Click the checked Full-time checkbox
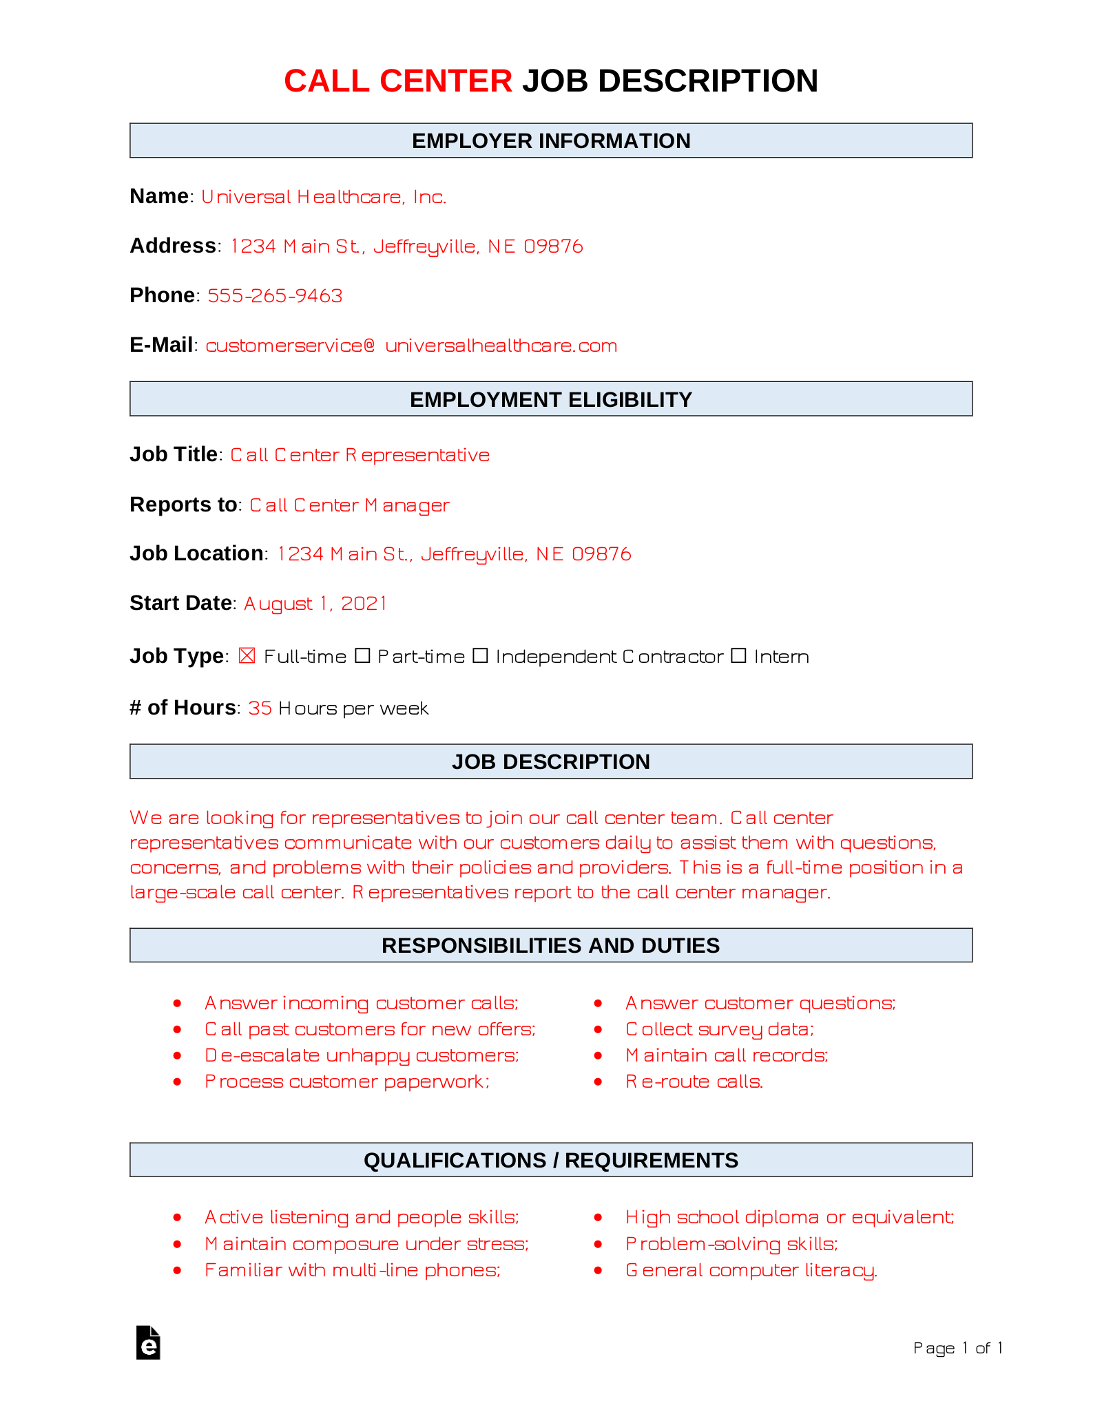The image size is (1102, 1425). pos(247,655)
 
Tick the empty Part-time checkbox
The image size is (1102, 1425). pos(362,655)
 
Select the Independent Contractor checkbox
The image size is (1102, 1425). pos(480,655)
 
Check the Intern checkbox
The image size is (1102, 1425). pos(738,655)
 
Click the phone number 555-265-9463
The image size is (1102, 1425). pos(275,295)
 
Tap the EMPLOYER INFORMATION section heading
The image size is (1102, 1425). pos(551,140)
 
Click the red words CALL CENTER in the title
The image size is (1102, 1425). pos(398,81)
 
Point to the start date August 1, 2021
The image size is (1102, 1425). pos(315,604)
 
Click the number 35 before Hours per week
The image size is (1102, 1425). pos(260,708)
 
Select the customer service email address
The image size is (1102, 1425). pos(411,346)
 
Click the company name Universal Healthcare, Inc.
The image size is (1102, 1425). pos(324,197)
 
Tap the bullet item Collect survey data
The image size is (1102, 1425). pos(719,1029)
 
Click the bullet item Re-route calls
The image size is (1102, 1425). pos(694,1081)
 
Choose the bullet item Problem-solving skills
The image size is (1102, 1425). pos(731,1244)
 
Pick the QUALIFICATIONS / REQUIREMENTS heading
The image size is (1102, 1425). pos(551,1160)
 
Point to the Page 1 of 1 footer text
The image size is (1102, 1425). pos(957,1348)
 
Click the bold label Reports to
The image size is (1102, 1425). pos(183,505)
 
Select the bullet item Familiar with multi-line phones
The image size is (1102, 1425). pos(352,1270)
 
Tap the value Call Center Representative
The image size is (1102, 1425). pos(360,455)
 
